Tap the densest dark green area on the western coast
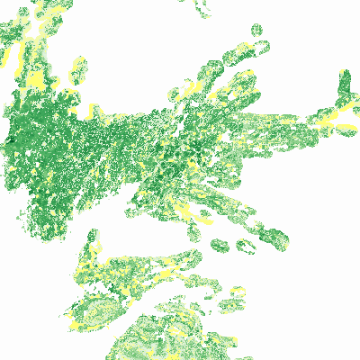pos(18,135)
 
